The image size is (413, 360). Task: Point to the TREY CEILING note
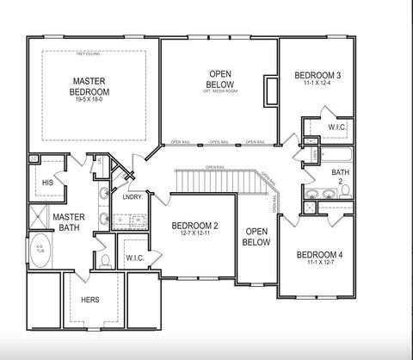(89, 55)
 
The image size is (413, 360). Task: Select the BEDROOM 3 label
(317, 76)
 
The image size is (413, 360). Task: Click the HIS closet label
(47, 182)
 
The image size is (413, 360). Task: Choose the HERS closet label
(89, 299)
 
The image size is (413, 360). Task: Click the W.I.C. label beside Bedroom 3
(336, 127)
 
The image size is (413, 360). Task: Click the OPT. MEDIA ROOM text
(219, 91)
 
